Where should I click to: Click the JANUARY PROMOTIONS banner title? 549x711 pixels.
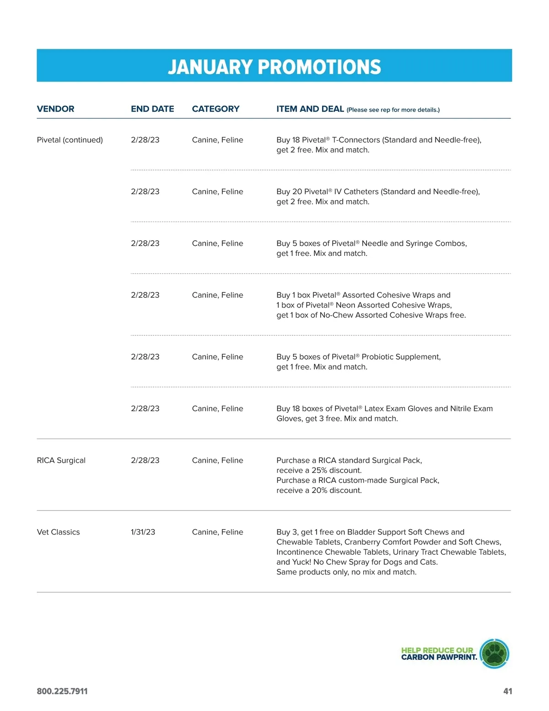tap(274, 67)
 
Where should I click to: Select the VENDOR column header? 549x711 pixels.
tap(55, 109)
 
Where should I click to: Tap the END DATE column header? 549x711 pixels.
tap(152, 109)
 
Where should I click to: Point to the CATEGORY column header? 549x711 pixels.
tap(215, 109)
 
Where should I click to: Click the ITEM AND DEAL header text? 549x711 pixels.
tap(310, 109)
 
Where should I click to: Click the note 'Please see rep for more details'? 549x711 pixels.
tap(393, 110)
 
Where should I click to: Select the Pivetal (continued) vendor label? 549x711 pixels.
tap(70, 140)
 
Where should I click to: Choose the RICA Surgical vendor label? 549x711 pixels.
tap(61, 460)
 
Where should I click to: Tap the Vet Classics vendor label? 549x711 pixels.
tap(58, 532)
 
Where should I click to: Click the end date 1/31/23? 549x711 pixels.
tap(143, 532)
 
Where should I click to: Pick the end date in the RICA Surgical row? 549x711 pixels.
tap(145, 460)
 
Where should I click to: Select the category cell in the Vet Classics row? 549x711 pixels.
tap(217, 532)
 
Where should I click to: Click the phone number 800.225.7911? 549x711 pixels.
tap(62, 691)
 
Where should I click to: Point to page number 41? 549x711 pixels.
tap(507, 691)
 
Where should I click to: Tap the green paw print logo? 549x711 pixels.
tap(495, 653)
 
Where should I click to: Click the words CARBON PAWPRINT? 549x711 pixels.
tap(439, 658)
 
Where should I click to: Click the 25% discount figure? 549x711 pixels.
tap(319, 470)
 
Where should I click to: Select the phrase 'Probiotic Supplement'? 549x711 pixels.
tap(401, 357)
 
